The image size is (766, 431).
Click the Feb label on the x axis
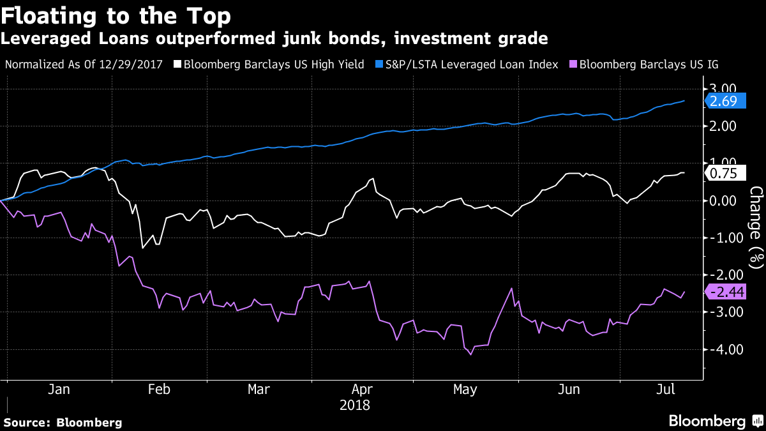[x=158, y=389]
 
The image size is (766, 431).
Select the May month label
[x=465, y=389]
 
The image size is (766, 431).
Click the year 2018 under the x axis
[x=355, y=405]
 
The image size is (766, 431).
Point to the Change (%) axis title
[x=756, y=227]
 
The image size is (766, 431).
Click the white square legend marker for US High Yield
[x=181, y=64]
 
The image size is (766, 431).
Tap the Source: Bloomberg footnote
[x=63, y=422]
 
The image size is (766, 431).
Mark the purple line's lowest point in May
[x=471, y=354]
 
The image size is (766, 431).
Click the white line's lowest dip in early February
[x=142, y=248]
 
